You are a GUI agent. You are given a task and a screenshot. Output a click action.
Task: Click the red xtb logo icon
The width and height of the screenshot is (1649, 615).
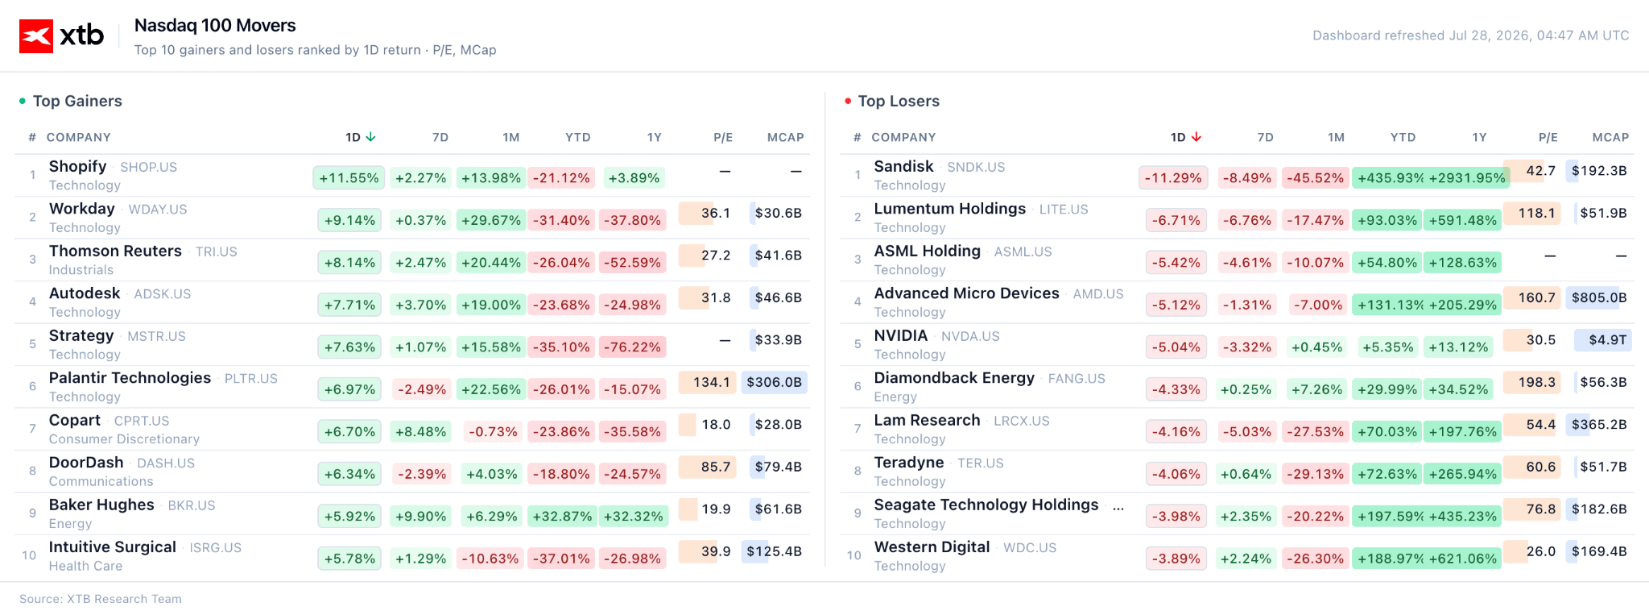click(36, 36)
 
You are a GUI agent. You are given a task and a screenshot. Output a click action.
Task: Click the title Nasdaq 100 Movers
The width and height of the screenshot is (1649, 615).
click(215, 26)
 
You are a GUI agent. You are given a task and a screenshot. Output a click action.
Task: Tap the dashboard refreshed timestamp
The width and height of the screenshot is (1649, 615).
click(1470, 35)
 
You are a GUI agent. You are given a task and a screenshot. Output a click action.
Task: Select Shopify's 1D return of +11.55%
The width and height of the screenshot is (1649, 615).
click(349, 178)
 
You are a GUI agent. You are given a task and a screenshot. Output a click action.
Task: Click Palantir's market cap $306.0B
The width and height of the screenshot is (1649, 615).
click(774, 382)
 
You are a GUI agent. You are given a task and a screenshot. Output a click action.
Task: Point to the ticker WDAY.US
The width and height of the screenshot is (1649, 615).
click(158, 210)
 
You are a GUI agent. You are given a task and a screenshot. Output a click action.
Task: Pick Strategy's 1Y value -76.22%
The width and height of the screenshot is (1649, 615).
click(632, 347)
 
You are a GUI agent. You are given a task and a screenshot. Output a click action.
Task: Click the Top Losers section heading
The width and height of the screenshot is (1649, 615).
click(899, 101)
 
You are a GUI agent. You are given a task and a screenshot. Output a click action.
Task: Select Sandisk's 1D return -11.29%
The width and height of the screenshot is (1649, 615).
click(1172, 178)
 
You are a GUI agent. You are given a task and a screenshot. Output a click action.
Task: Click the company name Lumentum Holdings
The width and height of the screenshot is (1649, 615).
click(950, 209)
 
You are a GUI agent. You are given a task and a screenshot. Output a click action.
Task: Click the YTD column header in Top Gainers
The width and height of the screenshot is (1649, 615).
click(577, 138)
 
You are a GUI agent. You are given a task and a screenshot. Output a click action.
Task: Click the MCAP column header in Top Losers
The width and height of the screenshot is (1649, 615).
click(1610, 138)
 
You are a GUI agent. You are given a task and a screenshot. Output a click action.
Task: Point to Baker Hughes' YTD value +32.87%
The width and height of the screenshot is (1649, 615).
click(562, 517)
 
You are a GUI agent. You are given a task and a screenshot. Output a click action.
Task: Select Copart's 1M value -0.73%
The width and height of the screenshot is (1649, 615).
click(493, 432)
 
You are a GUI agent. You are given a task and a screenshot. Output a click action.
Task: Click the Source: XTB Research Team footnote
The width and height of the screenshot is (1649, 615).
click(101, 599)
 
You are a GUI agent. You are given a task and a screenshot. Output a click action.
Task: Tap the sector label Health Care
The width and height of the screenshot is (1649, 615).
click(85, 566)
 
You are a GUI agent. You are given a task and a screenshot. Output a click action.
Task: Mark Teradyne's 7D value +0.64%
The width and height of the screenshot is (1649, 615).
click(1246, 474)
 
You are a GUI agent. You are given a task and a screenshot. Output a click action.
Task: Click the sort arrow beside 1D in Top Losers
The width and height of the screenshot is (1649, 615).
click(1196, 137)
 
